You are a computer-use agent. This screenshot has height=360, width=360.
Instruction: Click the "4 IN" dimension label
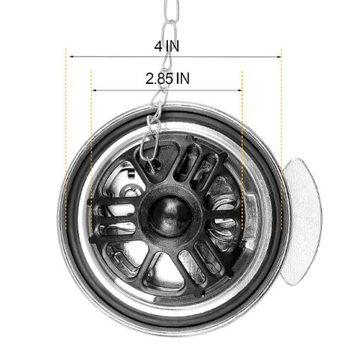166,46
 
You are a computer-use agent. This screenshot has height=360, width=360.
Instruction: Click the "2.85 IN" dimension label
167,79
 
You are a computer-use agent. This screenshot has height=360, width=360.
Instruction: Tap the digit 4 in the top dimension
158,46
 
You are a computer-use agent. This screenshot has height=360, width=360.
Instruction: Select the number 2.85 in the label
159,79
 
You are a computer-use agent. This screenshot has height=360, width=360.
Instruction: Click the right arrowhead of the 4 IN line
280,57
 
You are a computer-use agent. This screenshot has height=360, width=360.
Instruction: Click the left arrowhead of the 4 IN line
71,57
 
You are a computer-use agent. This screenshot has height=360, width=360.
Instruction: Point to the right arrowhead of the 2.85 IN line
240,90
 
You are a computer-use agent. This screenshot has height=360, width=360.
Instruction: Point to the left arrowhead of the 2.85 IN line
94,90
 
